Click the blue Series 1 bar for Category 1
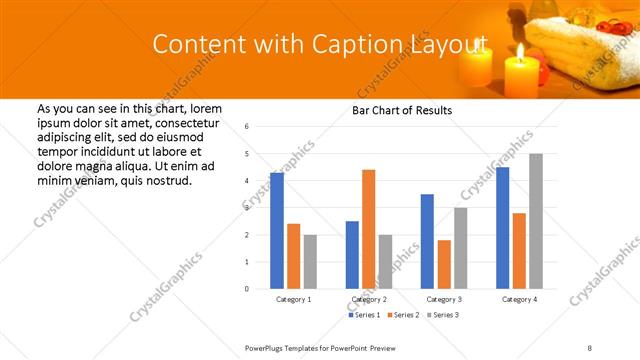[x=277, y=231]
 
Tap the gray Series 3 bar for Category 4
[x=536, y=221]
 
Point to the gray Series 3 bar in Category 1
[x=310, y=262]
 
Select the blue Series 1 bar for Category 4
[x=502, y=228]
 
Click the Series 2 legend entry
[x=404, y=315]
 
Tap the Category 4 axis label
[x=519, y=299]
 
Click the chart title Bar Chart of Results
[x=402, y=110]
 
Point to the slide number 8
[x=590, y=347]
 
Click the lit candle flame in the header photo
[x=520, y=50]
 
